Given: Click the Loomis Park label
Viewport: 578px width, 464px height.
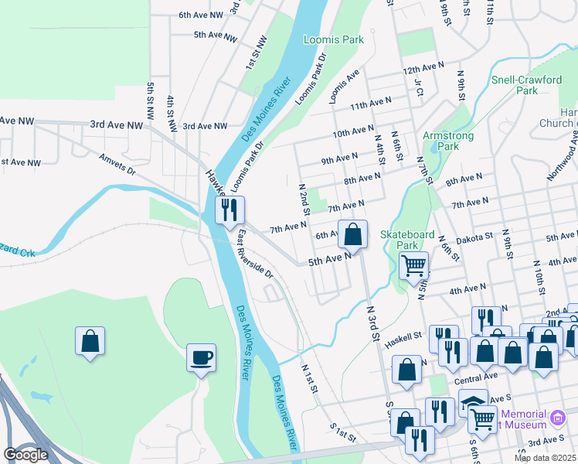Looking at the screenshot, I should click(333, 39).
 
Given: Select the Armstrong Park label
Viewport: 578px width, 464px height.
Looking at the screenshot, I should click(441, 141).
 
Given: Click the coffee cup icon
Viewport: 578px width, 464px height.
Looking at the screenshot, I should click(201, 357).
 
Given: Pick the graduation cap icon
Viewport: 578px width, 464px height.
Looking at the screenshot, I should click(473, 402).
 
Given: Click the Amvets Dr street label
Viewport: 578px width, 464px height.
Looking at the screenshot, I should click(117, 163).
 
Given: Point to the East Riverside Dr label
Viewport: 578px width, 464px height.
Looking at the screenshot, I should click(256, 254).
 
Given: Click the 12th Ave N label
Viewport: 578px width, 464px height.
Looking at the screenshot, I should click(424, 69).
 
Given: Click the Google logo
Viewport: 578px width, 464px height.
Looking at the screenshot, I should click(25, 455).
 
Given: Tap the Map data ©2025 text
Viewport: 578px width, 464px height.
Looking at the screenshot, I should click(545, 458).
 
